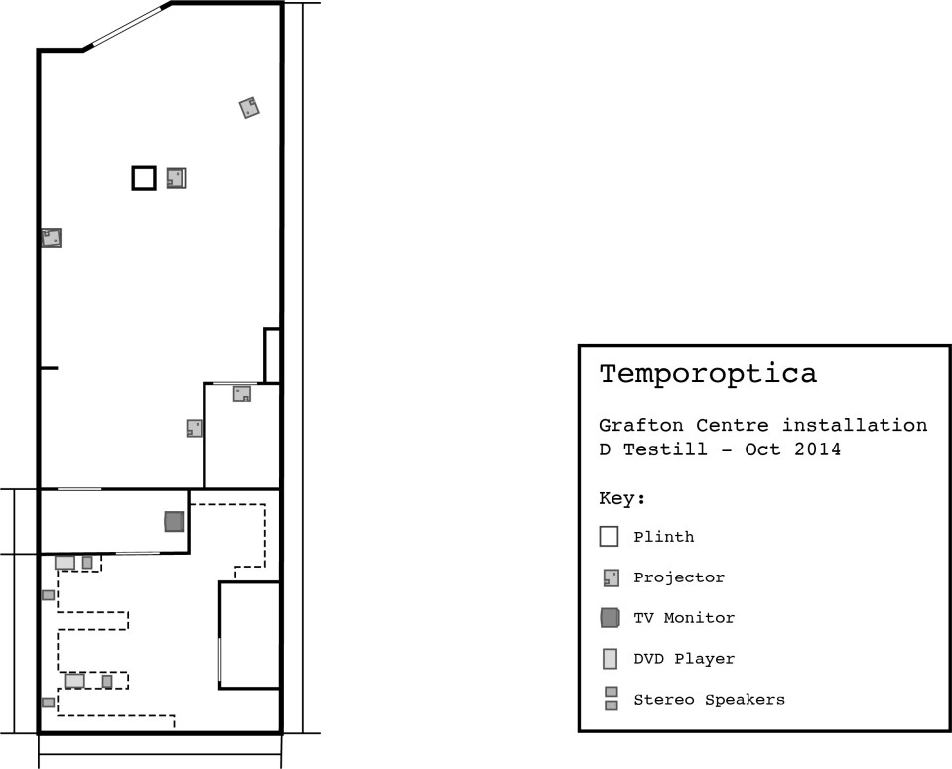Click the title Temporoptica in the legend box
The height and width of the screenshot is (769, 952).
708,374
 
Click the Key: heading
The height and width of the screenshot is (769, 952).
622,498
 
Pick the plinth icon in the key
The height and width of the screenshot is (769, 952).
609,537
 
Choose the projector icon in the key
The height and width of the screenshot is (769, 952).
610,577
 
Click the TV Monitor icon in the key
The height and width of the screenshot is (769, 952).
610,618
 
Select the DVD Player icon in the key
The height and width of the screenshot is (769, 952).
610,659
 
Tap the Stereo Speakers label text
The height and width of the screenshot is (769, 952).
709,700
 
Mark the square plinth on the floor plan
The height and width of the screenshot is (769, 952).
144,178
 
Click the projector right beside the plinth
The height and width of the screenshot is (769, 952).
176,178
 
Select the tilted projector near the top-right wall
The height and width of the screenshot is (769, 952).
249,108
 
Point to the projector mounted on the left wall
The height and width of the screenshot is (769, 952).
52,238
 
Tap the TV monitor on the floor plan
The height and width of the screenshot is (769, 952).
174,521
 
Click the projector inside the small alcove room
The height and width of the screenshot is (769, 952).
242,394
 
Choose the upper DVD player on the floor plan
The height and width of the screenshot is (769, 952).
65,563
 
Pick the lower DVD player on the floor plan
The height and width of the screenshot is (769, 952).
74,681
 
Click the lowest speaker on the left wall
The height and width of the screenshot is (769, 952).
48,703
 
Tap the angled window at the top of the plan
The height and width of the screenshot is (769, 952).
127,26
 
